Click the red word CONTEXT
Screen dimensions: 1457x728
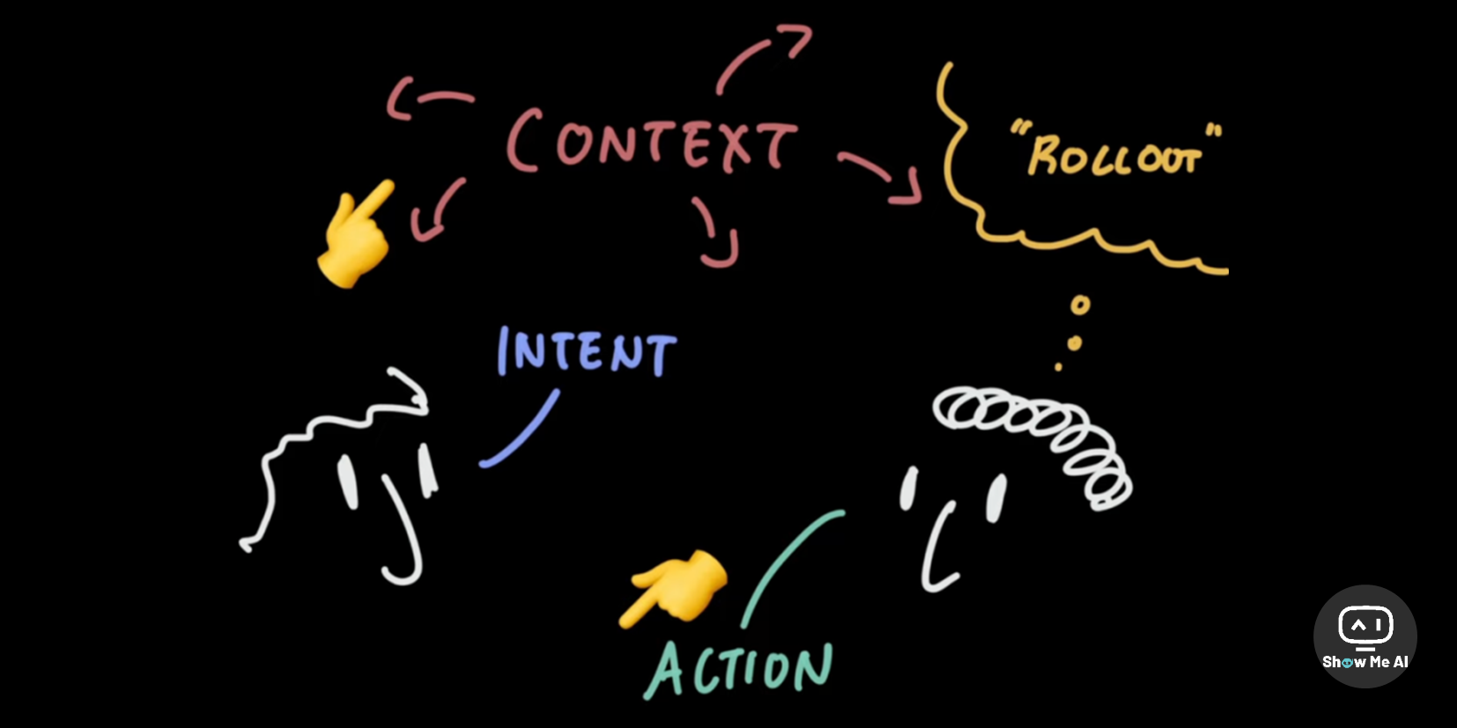coord(652,141)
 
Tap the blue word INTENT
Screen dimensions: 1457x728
coord(587,351)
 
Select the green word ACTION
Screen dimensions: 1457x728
coord(739,668)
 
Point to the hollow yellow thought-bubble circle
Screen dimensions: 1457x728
coord(1080,305)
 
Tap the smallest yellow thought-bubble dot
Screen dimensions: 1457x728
coord(1058,367)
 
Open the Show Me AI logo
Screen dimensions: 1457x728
coord(1365,636)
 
